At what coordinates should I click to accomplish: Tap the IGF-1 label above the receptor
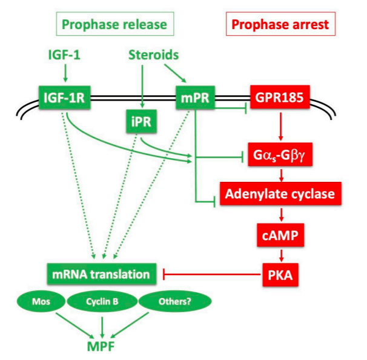pos(64,56)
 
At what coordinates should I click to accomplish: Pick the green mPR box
pos(196,96)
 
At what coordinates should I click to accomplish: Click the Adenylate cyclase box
pos(280,195)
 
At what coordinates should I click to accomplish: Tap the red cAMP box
pos(280,233)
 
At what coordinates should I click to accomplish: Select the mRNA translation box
pos(101,274)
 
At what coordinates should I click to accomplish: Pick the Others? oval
pos(175,301)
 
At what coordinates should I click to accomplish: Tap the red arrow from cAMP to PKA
pos(280,253)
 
